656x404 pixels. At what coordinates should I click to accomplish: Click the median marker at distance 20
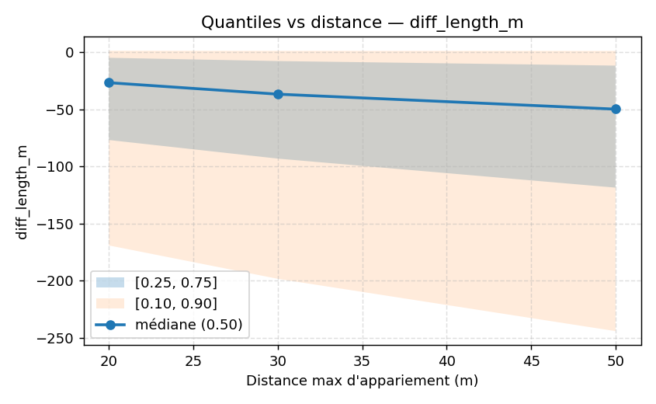pyautogui.click(x=109, y=82)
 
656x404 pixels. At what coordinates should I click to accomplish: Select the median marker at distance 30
pyautogui.click(x=278, y=94)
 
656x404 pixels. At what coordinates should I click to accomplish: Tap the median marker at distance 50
pyautogui.click(x=616, y=109)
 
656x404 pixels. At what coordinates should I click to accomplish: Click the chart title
pyautogui.click(x=362, y=23)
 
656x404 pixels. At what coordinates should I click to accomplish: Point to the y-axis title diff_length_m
pyautogui.click(x=23, y=191)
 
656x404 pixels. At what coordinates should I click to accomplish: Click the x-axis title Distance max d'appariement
pyautogui.click(x=362, y=381)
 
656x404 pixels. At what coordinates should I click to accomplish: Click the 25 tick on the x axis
pyautogui.click(x=193, y=360)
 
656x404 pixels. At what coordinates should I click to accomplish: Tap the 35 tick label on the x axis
pyautogui.click(x=362, y=360)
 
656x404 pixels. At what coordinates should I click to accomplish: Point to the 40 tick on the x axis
pyautogui.click(x=446, y=360)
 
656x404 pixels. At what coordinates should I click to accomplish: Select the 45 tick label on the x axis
pyautogui.click(x=531, y=360)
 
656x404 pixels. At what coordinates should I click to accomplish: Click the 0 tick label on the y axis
pyautogui.click(x=70, y=52)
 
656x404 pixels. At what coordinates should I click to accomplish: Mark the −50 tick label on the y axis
pyautogui.click(x=62, y=110)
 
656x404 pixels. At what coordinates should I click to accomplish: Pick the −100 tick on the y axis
pyautogui.click(x=59, y=166)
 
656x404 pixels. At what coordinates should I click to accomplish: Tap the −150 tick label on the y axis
pyautogui.click(x=59, y=224)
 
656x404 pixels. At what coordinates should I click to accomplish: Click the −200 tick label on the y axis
pyautogui.click(x=59, y=280)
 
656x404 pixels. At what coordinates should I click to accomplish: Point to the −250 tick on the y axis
pyautogui.click(x=59, y=338)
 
